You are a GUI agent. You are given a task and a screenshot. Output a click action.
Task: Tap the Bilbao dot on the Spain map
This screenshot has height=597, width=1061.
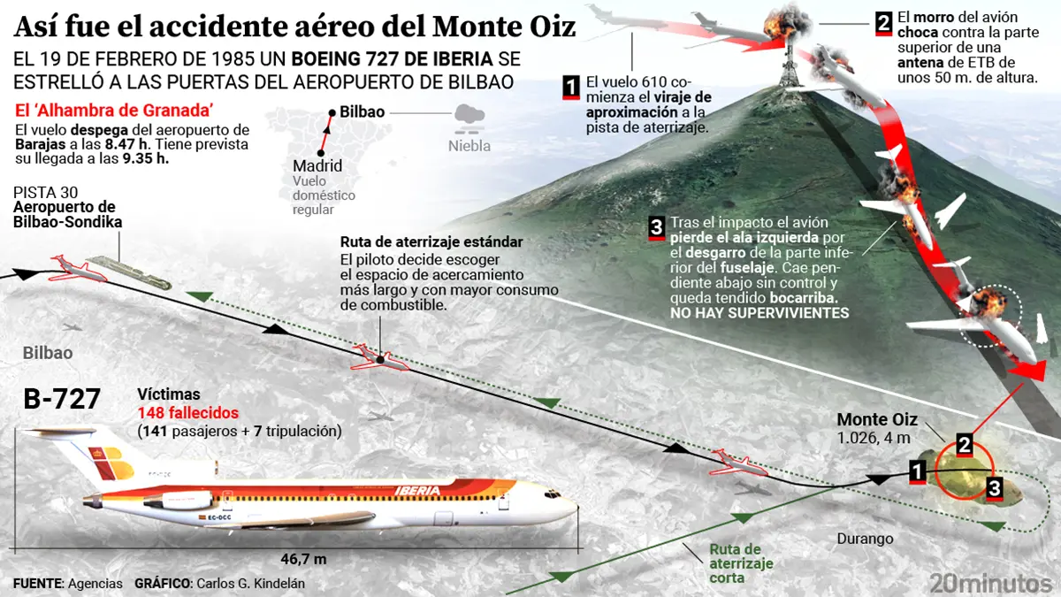point(331,113)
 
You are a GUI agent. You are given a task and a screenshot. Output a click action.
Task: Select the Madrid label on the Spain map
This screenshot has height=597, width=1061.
point(317,166)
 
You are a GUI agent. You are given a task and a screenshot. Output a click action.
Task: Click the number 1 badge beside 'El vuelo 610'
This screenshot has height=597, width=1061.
point(571,87)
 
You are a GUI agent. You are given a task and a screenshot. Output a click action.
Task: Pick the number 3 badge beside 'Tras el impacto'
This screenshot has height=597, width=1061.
point(656,228)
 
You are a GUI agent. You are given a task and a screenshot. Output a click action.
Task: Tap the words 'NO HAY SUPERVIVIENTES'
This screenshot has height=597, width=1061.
point(759,313)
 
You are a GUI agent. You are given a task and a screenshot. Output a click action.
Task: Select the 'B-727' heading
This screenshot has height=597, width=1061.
point(63,400)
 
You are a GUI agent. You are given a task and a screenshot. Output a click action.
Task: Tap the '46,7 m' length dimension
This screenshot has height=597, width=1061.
point(303,558)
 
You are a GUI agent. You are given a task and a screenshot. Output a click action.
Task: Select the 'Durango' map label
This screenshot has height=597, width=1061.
point(865,539)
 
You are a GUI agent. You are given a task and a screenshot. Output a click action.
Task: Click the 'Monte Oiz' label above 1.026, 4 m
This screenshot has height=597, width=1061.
point(877,419)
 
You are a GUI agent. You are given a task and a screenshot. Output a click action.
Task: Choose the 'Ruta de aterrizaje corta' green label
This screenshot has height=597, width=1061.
point(735,564)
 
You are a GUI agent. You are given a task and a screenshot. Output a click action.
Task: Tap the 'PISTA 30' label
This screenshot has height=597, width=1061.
point(40,192)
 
